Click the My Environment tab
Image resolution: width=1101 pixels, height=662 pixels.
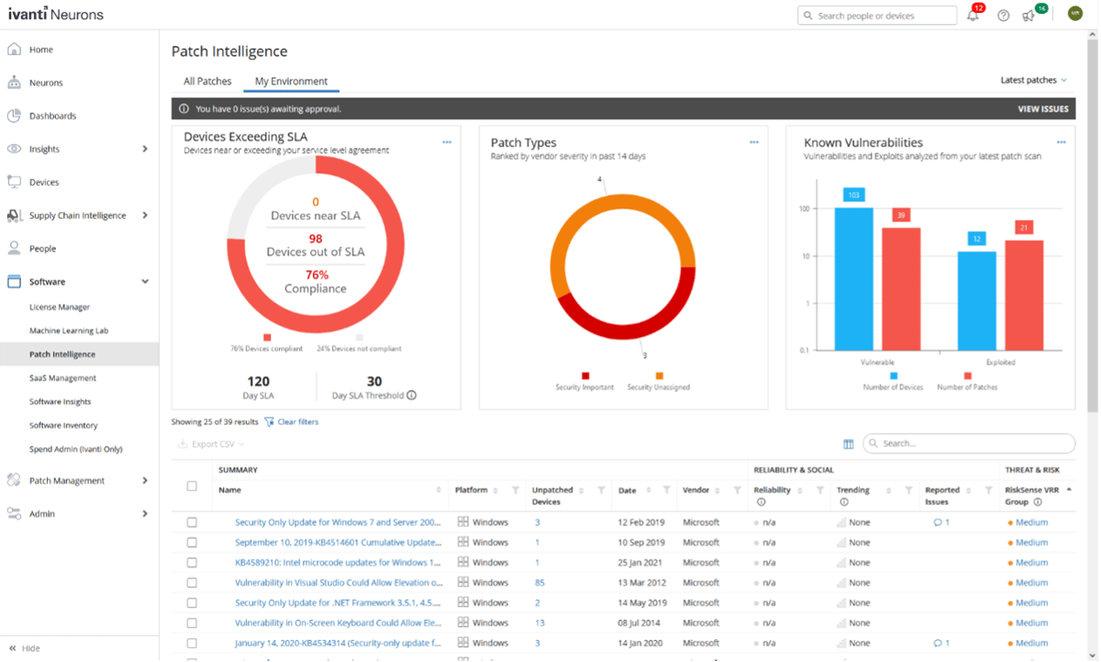coord(291,81)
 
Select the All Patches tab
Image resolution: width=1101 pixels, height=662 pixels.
coord(207,81)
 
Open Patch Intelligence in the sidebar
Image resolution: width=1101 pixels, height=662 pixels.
coord(61,354)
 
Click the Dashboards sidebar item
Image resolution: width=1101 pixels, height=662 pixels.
coord(52,117)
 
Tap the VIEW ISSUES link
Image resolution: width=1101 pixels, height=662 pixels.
coord(1042,109)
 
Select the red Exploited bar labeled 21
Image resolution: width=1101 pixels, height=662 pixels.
coord(1024,294)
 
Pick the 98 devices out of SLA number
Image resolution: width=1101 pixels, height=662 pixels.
coord(316,239)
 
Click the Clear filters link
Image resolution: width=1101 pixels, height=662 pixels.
coord(297,422)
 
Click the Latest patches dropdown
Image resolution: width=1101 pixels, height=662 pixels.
coord(1034,81)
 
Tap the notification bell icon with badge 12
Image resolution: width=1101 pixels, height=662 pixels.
coord(973,16)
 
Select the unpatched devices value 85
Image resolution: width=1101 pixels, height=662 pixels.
coord(539,583)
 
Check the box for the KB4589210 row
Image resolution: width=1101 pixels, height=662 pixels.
coord(192,563)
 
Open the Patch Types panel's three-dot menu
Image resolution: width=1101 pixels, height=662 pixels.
coord(754,142)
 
